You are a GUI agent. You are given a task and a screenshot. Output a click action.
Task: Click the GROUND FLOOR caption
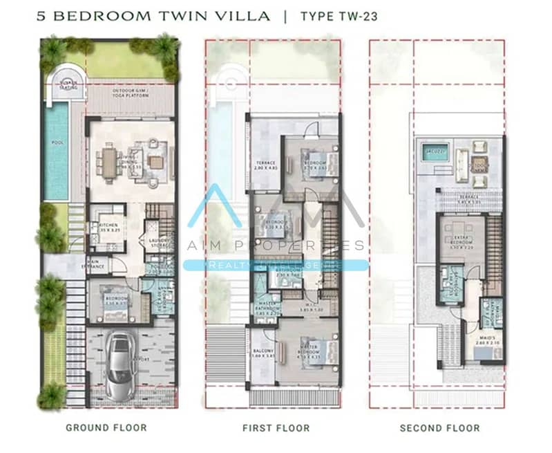tap(106, 427)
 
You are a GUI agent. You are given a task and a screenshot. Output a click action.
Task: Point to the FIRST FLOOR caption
tap(276, 427)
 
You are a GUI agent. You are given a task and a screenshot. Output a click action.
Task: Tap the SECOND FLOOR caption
tap(439, 427)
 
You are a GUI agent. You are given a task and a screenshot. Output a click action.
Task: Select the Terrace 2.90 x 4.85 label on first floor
tap(266, 166)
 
